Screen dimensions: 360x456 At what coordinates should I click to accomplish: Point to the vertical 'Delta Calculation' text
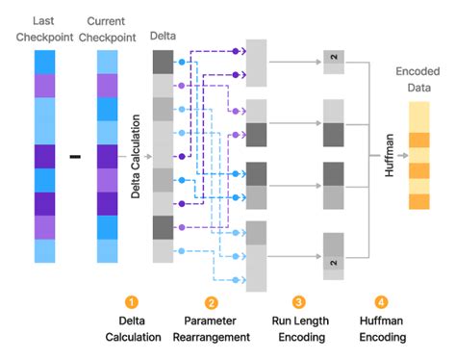pos(136,154)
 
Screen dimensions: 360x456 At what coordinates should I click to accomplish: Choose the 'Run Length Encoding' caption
pos(299,329)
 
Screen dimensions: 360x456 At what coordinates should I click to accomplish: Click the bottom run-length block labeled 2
pos(333,262)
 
